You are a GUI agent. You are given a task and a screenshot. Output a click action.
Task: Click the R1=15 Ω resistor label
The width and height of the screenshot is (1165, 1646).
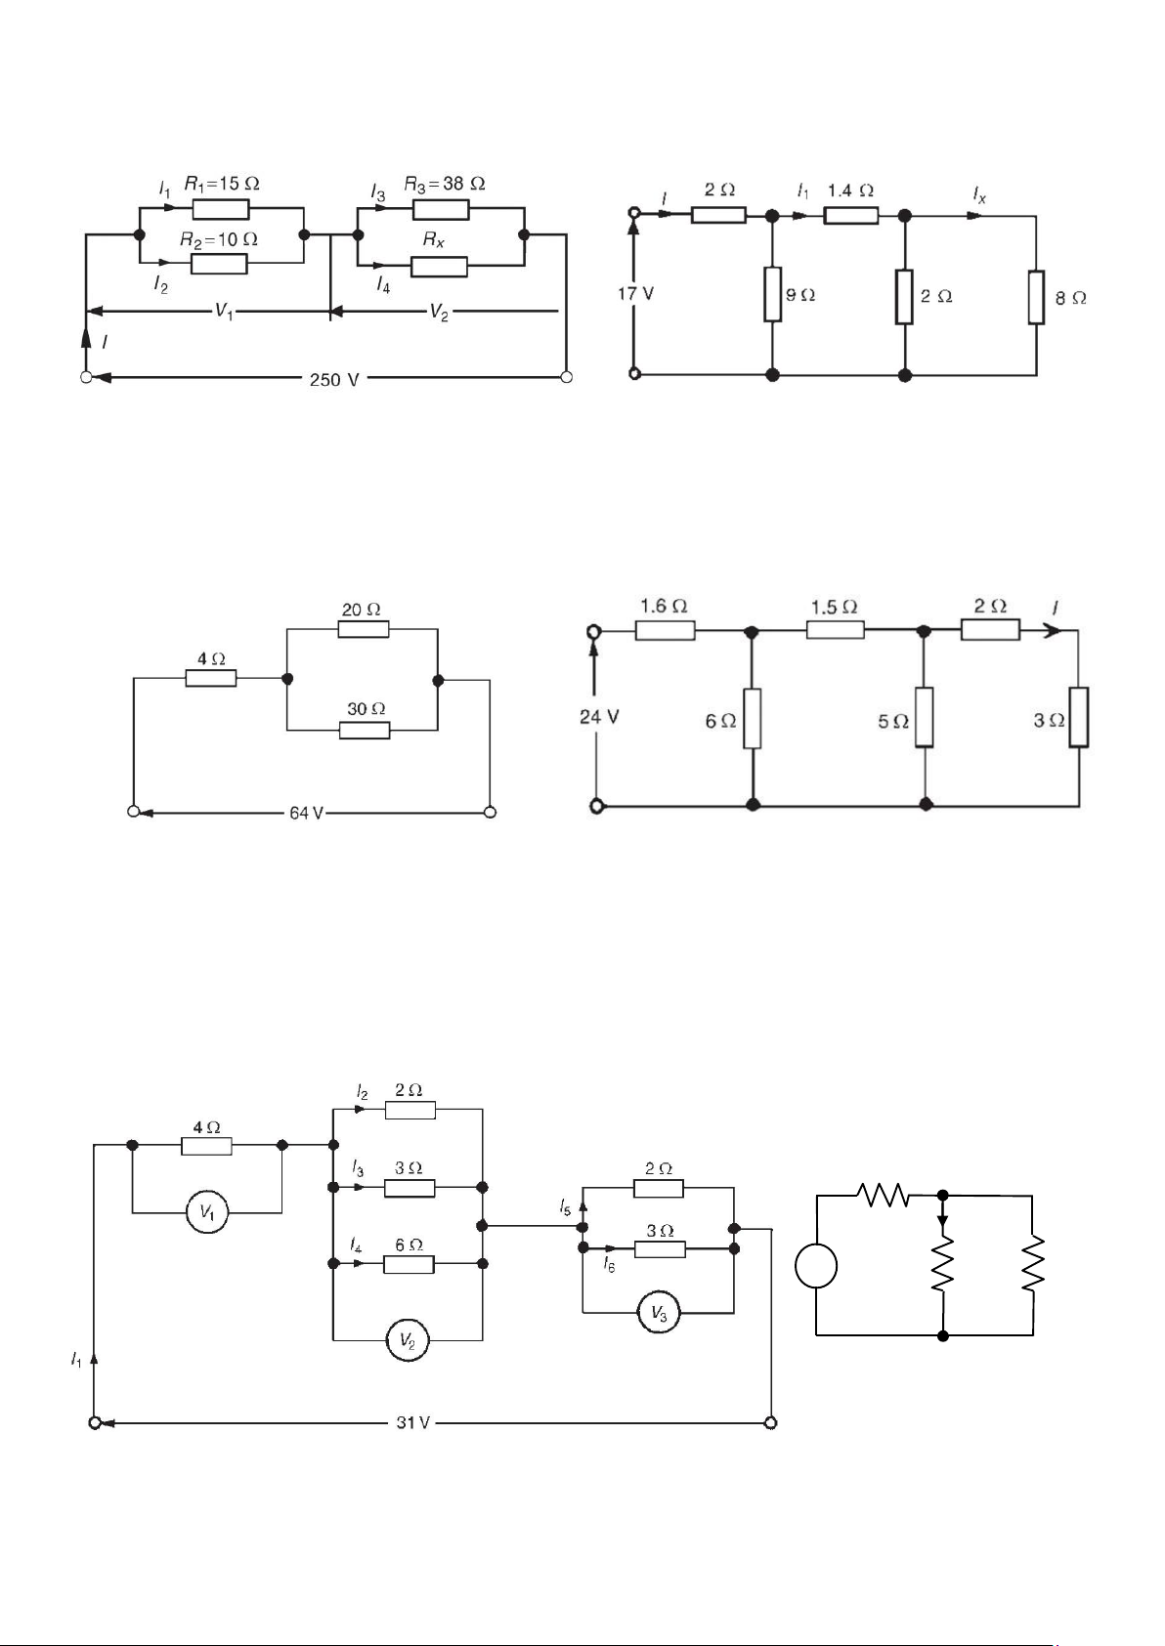click(x=221, y=184)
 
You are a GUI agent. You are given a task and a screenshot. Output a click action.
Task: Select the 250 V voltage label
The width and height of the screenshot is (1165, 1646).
click(x=334, y=380)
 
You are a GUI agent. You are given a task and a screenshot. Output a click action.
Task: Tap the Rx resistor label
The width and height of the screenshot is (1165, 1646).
click(x=434, y=239)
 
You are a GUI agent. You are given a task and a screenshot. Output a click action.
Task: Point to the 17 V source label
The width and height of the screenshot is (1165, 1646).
click(x=635, y=294)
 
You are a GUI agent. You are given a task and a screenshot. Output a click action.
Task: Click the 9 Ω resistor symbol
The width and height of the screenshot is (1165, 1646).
click(x=772, y=295)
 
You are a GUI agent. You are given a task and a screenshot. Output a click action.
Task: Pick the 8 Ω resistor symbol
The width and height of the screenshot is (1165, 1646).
click(x=1036, y=297)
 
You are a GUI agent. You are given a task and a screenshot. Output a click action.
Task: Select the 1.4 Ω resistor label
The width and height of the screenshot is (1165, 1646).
click(x=850, y=191)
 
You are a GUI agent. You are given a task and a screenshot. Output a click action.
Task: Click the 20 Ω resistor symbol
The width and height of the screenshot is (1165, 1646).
click(x=364, y=629)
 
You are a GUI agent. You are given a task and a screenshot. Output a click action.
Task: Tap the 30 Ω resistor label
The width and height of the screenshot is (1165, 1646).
click(x=367, y=709)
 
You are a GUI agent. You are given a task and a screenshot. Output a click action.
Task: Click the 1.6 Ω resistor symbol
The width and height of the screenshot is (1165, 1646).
click(x=666, y=630)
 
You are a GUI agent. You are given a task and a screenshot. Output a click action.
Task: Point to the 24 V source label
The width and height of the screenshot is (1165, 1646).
click(x=599, y=717)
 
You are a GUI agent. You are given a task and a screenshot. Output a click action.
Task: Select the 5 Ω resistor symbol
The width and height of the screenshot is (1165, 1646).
click(x=925, y=717)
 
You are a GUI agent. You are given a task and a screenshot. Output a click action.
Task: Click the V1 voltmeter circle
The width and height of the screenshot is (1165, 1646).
click(x=207, y=1212)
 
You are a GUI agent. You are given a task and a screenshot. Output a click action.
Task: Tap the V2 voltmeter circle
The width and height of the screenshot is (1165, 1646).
click(x=408, y=1340)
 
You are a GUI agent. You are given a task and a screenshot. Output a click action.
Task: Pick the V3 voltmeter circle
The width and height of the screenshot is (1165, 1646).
click(x=659, y=1313)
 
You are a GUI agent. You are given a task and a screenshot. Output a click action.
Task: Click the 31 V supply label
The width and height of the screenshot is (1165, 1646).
click(x=413, y=1423)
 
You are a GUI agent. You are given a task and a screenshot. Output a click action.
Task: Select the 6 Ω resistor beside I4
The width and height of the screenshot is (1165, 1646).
click(x=409, y=1264)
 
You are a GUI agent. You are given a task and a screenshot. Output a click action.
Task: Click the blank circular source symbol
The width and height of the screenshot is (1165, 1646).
click(x=816, y=1266)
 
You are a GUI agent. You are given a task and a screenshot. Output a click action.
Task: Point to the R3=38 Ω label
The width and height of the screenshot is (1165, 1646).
click(x=445, y=184)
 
